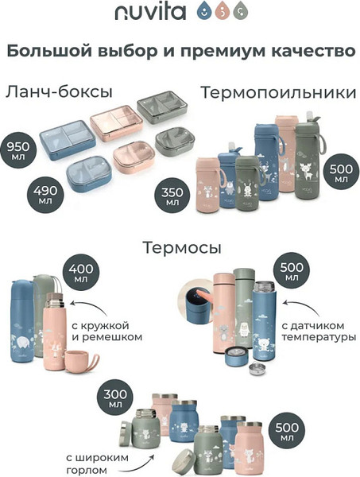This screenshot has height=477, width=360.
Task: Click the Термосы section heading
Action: (x=180, y=247)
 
